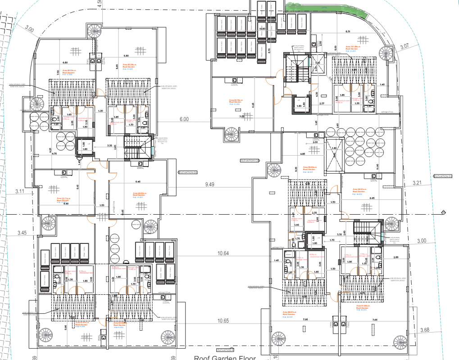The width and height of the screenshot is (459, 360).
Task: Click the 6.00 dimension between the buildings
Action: coord(184,119)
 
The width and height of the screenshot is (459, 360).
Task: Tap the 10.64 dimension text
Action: coord(223,253)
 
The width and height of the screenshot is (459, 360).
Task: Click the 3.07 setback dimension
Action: coord(404,46)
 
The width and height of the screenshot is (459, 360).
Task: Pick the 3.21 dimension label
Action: coord(418,183)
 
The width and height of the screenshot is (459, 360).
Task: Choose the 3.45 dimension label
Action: coord(22,233)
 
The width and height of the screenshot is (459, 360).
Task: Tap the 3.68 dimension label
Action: coord(425,331)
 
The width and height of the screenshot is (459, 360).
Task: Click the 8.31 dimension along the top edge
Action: coord(348,31)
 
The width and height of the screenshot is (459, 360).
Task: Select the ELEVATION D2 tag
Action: coord(188,172)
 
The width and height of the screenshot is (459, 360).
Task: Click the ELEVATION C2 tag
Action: coord(250,161)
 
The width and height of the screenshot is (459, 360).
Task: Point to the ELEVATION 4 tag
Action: coord(225,350)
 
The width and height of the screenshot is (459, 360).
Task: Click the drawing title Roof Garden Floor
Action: coord(225,358)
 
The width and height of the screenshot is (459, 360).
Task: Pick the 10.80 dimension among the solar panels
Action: coord(262,28)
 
